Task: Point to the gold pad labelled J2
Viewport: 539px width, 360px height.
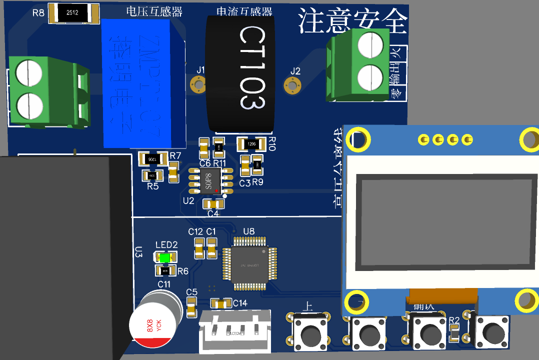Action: (x=292, y=86)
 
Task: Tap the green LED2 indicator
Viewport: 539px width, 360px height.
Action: (x=164, y=258)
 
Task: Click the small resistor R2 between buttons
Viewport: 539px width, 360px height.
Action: (x=454, y=333)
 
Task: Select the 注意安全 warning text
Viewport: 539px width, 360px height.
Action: (x=352, y=21)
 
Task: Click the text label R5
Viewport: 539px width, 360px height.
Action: (x=152, y=186)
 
